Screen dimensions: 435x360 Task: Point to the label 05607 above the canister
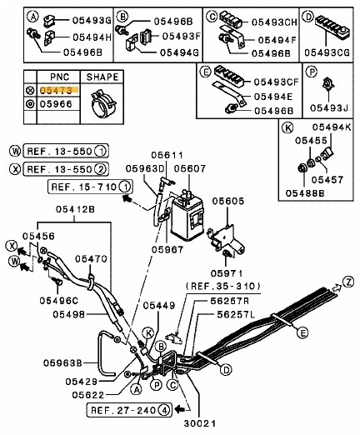coord(189,169)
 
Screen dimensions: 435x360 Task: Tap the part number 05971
coord(226,273)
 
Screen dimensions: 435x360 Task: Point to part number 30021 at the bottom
coord(204,424)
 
